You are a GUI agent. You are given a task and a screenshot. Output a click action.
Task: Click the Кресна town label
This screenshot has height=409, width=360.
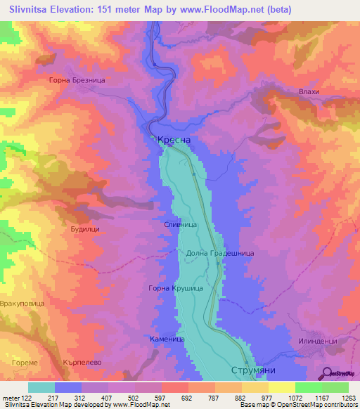[174, 141]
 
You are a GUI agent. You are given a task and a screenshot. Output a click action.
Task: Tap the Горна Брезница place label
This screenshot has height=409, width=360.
[77, 81]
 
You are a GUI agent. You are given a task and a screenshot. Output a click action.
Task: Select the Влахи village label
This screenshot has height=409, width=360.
[309, 92]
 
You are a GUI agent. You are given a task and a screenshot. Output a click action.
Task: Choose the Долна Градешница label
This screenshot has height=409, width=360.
[220, 253]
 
